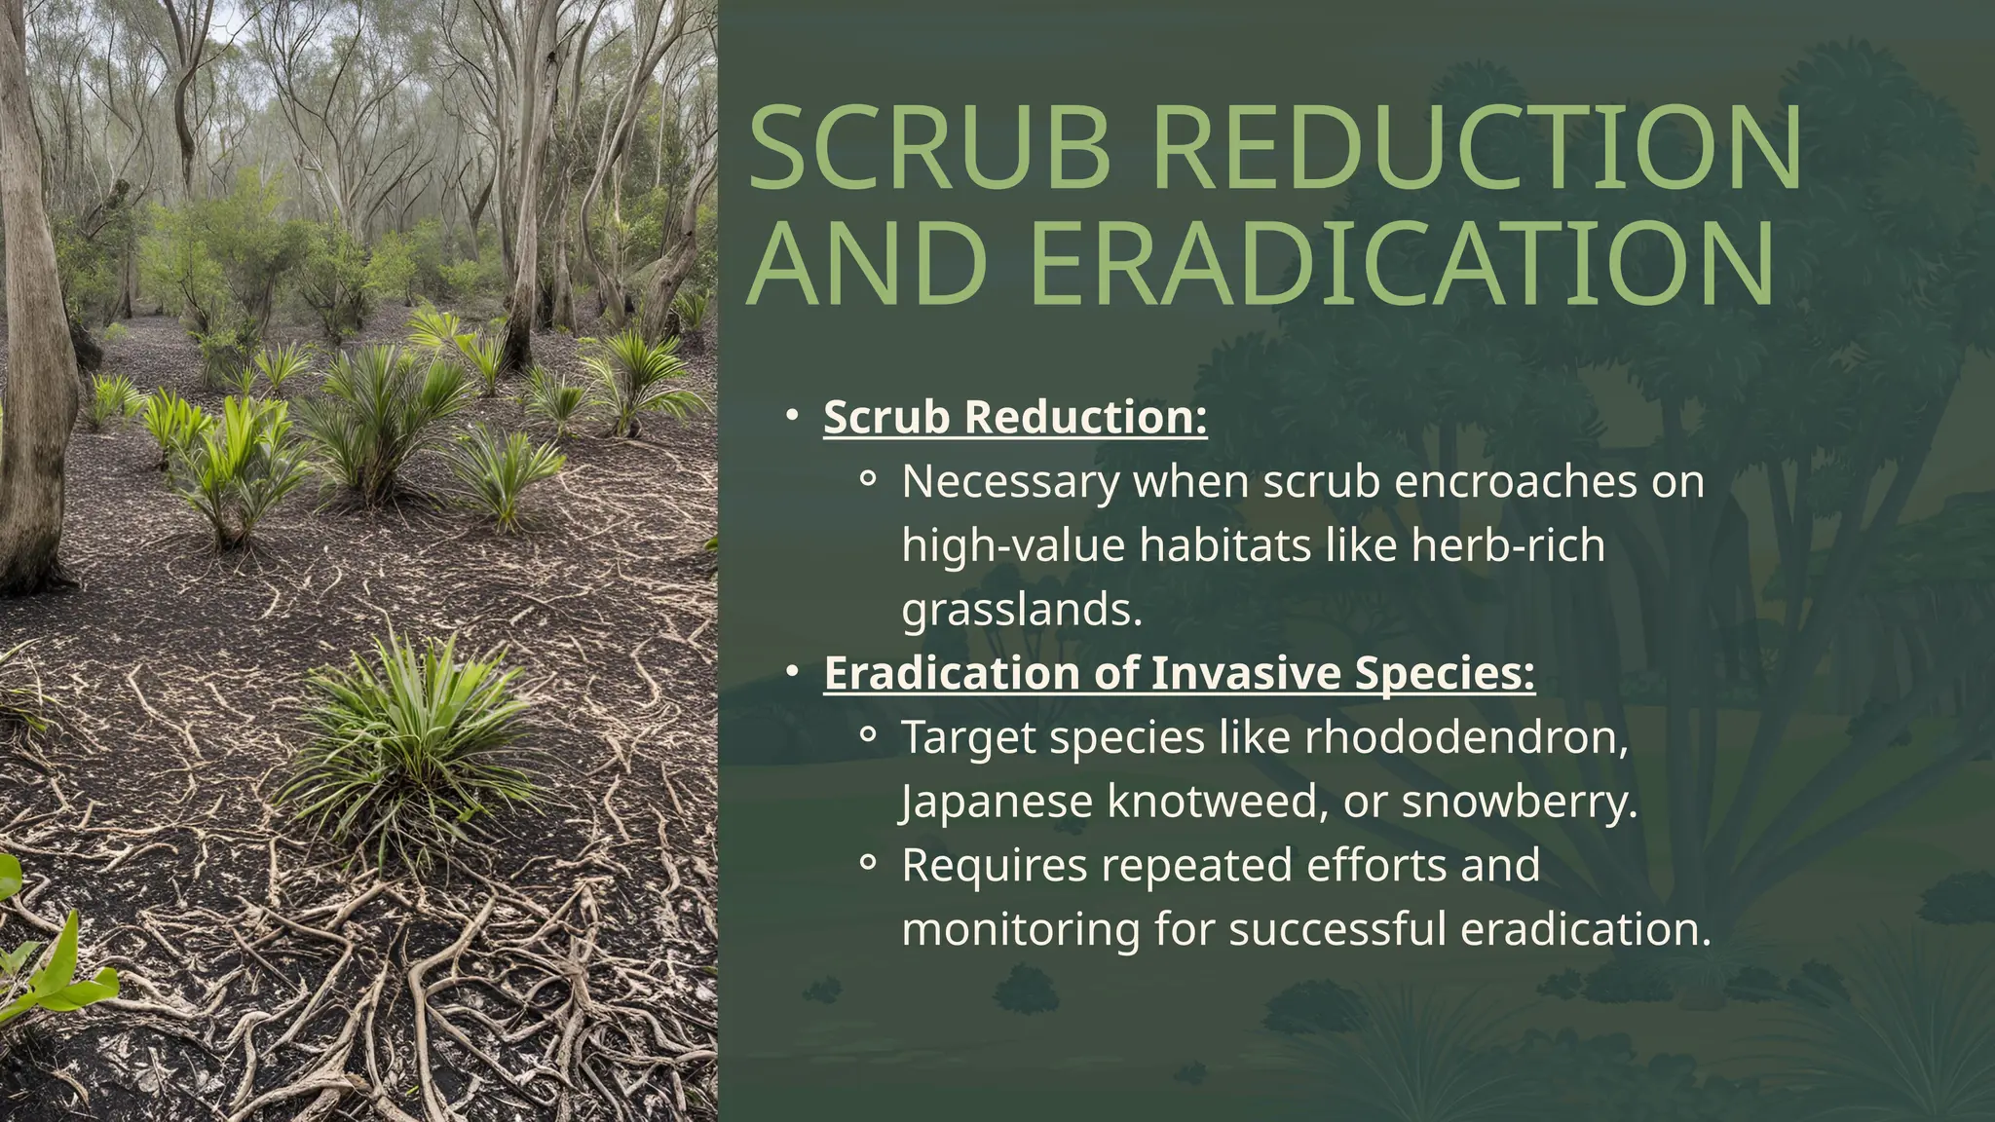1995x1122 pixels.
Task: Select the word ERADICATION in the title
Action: pyautogui.click(x=1403, y=265)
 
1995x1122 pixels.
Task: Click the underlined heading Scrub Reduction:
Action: pyautogui.click(x=1015, y=417)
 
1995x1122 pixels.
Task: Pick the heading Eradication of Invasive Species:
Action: pyautogui.click(x=1179, y=673)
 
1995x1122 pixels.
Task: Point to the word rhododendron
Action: pyautogui.click(x=1467, y=737)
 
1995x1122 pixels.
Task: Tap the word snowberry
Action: pyautogui.click(x=1520, y=802)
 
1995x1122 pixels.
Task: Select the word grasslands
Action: pyautogui.click(x=1022, y=610)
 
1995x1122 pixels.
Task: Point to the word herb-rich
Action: pyautogui.click(x=1508, y=545)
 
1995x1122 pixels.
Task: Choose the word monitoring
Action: pyautogui.click(x=1021, y=929)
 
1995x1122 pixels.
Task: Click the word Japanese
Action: pyautogui.click(x=997, y=802)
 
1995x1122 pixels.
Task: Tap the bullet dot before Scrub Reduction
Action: pyautogui.click(x=793, y=416)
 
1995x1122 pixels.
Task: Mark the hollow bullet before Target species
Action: pyautogui.click(x=868, y=735)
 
